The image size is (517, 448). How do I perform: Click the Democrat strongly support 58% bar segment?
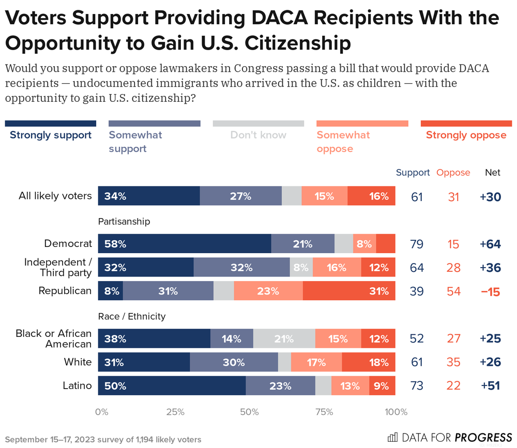[x=185, y=243]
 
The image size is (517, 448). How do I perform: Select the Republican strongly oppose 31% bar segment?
[x=349, y=291]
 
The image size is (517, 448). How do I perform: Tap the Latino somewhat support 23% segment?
[x=280, y=386]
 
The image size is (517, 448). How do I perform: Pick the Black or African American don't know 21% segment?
[x=284, y=338]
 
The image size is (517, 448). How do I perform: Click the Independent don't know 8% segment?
[x=301, y=267]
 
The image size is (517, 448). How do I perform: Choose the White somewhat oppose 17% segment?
[x=316, y=362]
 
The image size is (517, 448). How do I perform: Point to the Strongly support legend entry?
[x=51, y=135]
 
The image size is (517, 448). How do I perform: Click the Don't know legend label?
[x=258, y=135]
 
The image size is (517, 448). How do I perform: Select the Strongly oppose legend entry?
[x=466, y=135]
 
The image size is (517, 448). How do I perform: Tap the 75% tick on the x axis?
[x=324, y=412]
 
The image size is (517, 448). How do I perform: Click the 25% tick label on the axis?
[x=175, y=412]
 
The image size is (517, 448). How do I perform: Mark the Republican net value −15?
[x=490, y=291]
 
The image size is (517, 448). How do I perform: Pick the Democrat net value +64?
[x=490, y=244]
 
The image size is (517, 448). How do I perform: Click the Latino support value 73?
[x=417, y=386]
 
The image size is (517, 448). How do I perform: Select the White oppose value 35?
[x=453, y=362]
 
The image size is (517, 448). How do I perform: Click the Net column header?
[x=492, y=173]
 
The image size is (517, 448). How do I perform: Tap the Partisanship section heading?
[x=124, y=221]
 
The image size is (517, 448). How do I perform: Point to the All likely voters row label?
[x=55, y=196]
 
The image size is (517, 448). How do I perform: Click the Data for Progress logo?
[x=449, y=437]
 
